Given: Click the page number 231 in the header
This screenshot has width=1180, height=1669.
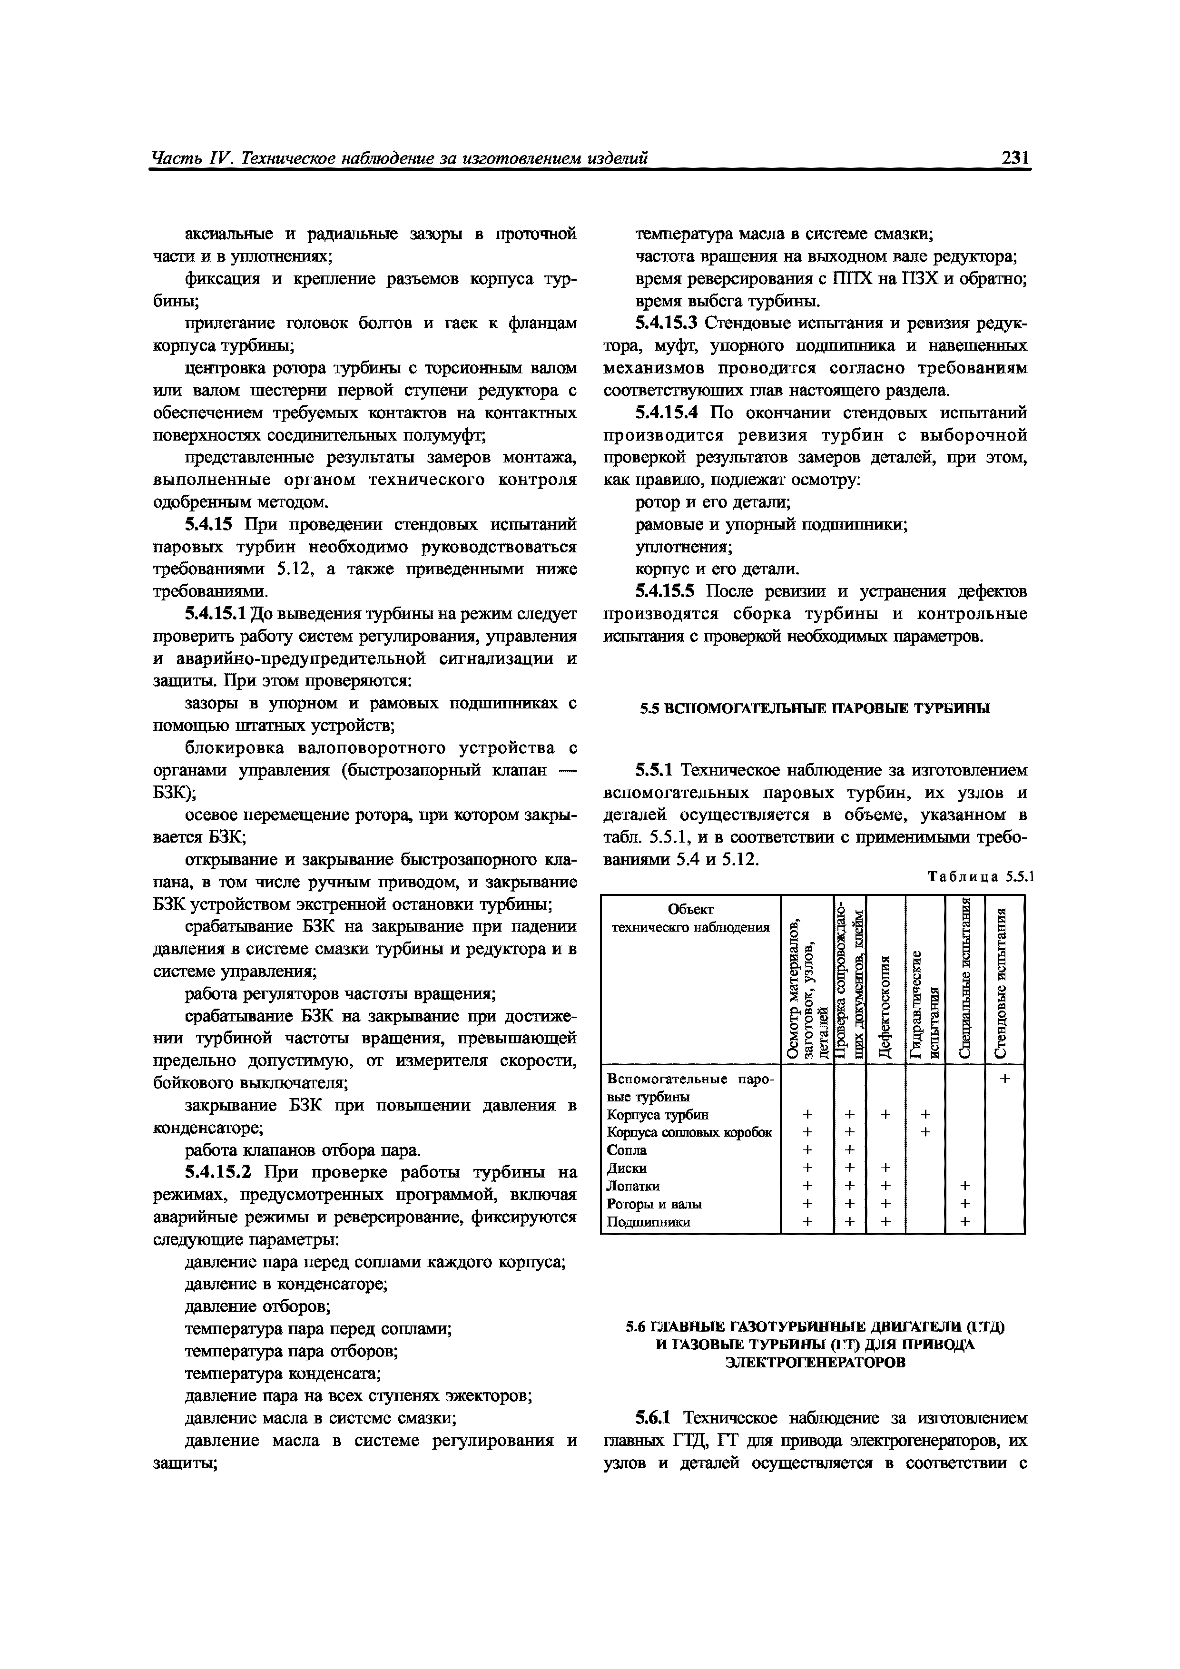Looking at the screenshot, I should [1015, 158].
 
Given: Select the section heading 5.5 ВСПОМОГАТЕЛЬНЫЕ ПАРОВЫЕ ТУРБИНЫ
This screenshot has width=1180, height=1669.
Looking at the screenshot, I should [815, 708].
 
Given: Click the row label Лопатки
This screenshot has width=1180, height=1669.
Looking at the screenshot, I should [633, 1186].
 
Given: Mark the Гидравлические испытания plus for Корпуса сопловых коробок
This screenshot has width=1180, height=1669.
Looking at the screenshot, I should [925, 1132].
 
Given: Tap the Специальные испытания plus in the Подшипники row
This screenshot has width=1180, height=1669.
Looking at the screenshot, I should [965, 1222].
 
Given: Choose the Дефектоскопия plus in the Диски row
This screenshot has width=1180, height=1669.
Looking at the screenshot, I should [885, 1168].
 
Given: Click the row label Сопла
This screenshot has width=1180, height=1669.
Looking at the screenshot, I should [627, 1150].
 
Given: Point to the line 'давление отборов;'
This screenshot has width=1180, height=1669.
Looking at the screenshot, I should [257, 1306].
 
